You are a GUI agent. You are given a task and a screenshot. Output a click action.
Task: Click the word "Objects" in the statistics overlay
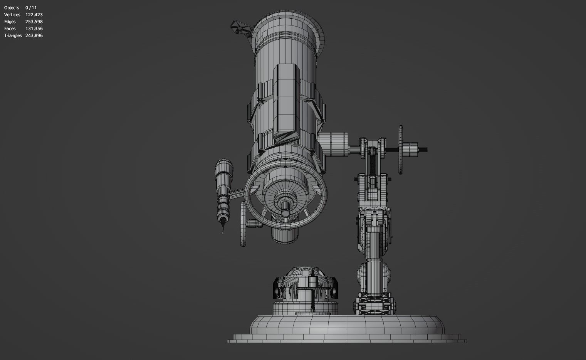click(12, 8)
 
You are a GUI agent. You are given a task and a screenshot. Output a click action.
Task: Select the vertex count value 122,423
click(34, 15)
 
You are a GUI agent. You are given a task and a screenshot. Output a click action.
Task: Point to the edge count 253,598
click(34, 22)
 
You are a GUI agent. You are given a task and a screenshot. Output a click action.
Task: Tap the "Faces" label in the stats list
click(10, 29)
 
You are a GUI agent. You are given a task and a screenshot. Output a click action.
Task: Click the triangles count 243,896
click(34, 35)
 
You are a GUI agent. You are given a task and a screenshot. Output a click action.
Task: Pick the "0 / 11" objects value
click(31, 8)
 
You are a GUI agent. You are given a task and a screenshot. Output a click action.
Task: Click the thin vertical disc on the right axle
click(401, 150)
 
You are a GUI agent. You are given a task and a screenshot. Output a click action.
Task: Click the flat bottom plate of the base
click(347, 341)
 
